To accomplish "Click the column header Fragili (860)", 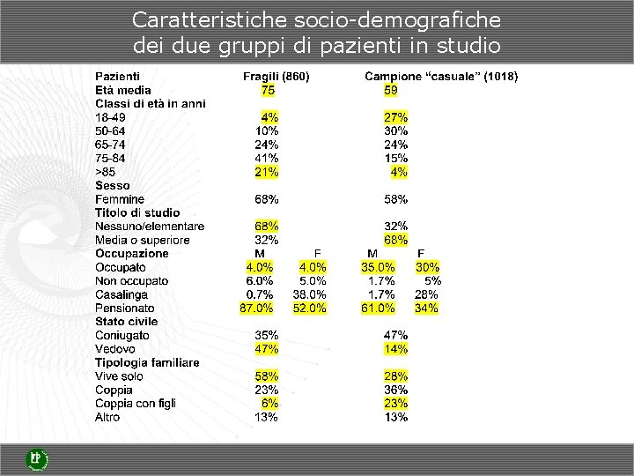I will click(x=276, y=77).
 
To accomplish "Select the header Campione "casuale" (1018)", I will click(x=441, y=77).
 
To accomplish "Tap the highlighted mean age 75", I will click(x=268, y=90).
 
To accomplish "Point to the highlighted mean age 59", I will click(x=390, y=90).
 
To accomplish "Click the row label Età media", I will click(x=123, y=90).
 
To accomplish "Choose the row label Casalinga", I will click(x=122, y=294).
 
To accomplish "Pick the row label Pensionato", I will click(x=125, y=308).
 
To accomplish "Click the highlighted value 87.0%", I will click(x=256, y=308).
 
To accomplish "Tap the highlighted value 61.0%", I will click(x=378, y=308).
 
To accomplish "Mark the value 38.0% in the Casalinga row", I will click(x=310, y=294).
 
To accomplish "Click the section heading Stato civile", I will click(x=127, y=322).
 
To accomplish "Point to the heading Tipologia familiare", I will click(x=147, y=362).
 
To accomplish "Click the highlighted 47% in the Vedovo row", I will click(x=267, y=349).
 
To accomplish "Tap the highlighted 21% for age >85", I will click(x=267, y=172).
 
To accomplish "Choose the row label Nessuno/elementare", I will click(x=150, y=227).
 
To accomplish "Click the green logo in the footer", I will click(x=36, y=459).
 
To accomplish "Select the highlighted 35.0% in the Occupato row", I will click(x=378, y=267).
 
